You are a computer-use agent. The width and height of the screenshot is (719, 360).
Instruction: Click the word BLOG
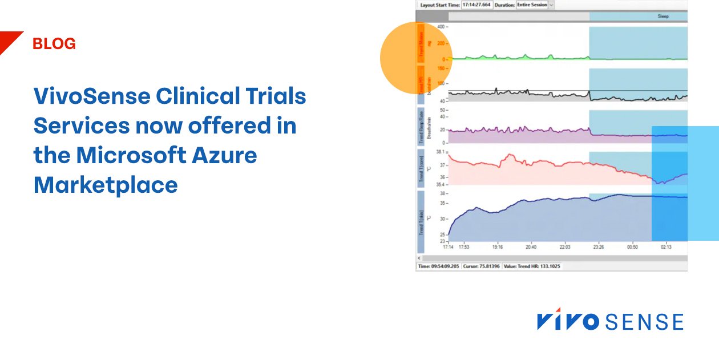pos(54,44)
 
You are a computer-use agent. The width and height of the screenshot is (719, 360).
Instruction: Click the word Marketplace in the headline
pos(106,185)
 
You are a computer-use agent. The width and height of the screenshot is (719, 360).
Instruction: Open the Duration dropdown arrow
pos(551,5)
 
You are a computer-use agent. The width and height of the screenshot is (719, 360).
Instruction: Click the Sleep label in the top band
pos(663,17)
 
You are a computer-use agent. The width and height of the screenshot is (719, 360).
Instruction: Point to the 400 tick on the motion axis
pos(440,27)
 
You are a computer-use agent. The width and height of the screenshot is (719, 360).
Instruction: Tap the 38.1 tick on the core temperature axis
pos(439,152)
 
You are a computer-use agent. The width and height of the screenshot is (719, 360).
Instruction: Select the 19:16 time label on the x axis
pos(497,247)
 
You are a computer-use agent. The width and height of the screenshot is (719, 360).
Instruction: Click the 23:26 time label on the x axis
pos(599,247)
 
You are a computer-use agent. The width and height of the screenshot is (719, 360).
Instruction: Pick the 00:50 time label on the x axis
pos(632,247)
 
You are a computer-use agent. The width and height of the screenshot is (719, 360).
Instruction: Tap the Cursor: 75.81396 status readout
pos(481,266)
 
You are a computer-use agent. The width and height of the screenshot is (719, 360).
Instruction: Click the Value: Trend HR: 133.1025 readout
pos(532,266)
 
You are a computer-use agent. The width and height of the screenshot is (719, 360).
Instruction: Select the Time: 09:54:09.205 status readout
pos(439,266)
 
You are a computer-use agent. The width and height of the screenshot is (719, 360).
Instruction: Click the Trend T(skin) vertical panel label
pos(421,223)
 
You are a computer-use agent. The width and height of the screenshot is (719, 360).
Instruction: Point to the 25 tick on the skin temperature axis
pos(442,234)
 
